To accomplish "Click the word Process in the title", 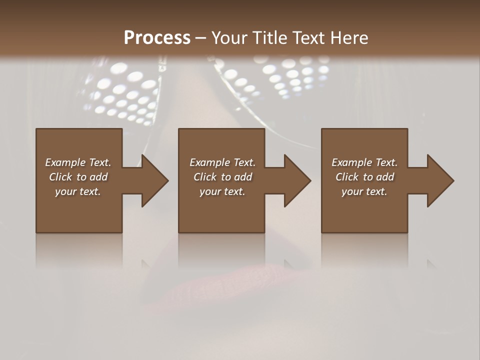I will tap(157, 38).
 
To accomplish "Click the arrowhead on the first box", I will tap(152, 180).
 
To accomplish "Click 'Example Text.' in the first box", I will tap(78, 162).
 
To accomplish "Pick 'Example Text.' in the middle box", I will tap(222, 162).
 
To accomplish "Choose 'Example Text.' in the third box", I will tap(364, 162).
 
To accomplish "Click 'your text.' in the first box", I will tap(78, 191).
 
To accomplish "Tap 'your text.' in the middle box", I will tap(222, 191).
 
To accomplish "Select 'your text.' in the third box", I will tap(364, 191).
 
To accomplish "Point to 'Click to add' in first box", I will tap(78, 177).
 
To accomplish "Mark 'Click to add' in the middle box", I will tap(222, 177).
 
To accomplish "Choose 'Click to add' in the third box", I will tap(364, 177).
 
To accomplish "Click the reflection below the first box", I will tap(79, 250).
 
